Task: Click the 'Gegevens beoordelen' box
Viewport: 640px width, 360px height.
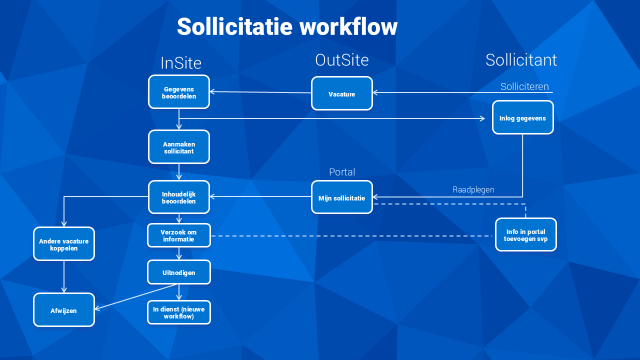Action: click(179, 91)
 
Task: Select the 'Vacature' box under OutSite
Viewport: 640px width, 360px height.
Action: click(341, 93)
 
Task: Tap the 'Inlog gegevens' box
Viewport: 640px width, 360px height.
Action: click(523, 117)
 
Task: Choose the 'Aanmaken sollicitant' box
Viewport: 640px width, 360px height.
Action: click(179, 147)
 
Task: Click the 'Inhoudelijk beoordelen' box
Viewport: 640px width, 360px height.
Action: click(179, 197)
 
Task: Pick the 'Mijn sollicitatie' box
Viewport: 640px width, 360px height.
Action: click(341, 197)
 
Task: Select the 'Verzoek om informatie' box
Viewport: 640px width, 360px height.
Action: click(179, 235)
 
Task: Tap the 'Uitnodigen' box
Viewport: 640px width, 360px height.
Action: click(179, 272)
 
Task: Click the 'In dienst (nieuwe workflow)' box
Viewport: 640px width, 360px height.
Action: click(179, 312)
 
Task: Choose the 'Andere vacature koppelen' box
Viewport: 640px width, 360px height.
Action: click(64, 243)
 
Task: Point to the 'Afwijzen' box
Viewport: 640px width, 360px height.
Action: click(64, 309)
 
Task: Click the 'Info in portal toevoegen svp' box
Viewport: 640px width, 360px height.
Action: click(525, 234)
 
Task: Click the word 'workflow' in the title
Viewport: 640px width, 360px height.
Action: click(348, 26)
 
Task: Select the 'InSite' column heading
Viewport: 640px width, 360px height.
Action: click(181, 63)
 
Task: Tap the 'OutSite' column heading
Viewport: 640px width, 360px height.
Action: click(342, 60)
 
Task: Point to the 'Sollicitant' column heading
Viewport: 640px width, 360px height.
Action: click(521, 60)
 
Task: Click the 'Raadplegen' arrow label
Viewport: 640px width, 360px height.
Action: click(473, 189)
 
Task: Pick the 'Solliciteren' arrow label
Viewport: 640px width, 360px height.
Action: click(524, 86)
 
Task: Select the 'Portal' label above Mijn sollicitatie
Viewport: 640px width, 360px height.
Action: click(342, 172)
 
